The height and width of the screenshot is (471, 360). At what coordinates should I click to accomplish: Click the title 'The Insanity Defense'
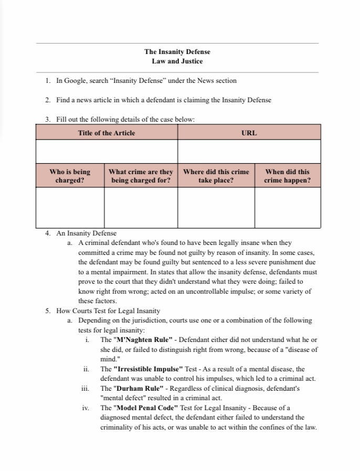tap(177, 52)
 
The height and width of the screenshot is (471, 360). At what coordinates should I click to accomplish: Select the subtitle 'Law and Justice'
tap(177, 61)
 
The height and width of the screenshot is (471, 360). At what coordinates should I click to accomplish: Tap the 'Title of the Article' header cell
tap(107, 133)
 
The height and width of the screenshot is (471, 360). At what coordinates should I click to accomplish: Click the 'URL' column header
tap(249, 133)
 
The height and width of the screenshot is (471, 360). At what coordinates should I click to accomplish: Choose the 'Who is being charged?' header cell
tap(70, 176)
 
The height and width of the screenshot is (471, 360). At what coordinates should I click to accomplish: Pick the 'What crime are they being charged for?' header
tap(141, 176)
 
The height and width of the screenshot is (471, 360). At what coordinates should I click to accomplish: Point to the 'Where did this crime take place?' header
tap(216, 176)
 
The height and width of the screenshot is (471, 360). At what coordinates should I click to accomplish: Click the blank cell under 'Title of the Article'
tap(107, 151)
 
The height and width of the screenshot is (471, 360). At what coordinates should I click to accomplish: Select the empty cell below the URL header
tap(249, 151)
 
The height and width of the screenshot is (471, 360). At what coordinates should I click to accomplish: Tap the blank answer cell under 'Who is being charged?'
tap(70, 207)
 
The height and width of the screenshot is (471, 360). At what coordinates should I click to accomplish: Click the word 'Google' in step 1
tap(75, 81)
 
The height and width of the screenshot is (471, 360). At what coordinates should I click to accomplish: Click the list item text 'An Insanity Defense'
tap(86, 233)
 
